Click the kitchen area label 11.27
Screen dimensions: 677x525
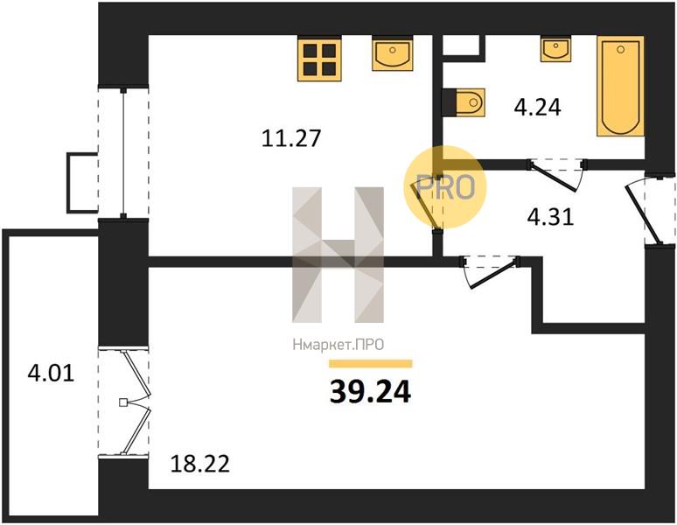(x=291, y=138)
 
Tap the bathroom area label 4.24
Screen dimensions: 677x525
(x=538, y=107)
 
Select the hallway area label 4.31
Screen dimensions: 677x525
(x=550, y=217)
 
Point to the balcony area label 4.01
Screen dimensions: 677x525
(x=51, y=373)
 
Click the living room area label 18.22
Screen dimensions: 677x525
(x=200, y=464)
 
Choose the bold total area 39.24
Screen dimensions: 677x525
(x=371, y=392)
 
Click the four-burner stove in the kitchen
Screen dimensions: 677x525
(x=319, y=59)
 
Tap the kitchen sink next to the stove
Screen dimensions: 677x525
(x=392, y=53)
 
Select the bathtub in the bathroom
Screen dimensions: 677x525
(x=620, y=87)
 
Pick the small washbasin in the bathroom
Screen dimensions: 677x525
(x=556, y=49)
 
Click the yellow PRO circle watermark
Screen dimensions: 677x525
(x=445, y=187)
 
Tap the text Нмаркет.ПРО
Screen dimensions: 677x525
(x=338, y=345)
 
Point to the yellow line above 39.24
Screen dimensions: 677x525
(x=371, y=363)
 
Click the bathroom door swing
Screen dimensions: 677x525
(x=557, y=175)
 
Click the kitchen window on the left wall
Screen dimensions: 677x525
(x=123, y=153)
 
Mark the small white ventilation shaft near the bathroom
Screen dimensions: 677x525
(x=461, y=45)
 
